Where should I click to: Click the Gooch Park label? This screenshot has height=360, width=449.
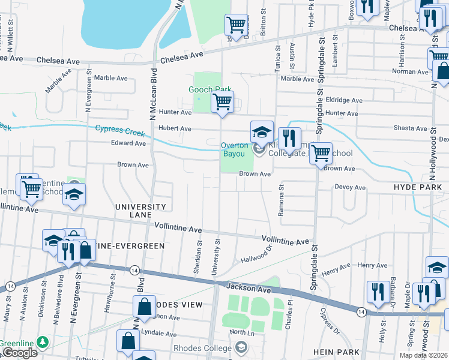click(x=209, y=90)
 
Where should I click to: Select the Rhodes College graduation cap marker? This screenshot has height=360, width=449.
click(x=241, y=347)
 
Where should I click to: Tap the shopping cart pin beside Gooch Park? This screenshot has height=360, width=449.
click(x=222, y=102)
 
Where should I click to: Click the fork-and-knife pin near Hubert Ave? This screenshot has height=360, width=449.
click(x=289, y=138)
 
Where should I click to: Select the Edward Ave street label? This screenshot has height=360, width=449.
click(x=128, y=143)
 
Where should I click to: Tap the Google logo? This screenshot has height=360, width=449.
click(x=19, y=353)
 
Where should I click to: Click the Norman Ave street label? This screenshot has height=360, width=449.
click(x=409, y=71)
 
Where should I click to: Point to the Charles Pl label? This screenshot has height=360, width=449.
click(x=289, y=317)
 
